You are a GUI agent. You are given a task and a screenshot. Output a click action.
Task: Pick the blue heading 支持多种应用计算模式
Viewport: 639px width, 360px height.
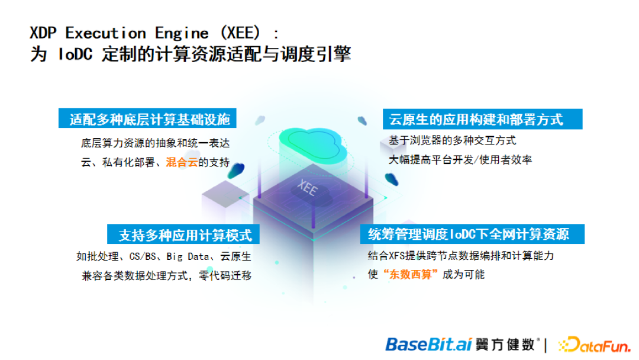click(185, 234)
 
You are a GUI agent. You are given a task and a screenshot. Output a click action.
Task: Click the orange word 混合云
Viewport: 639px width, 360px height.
click(182, 162)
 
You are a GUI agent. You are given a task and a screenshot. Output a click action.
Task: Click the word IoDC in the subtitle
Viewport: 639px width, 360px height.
click(75, 54)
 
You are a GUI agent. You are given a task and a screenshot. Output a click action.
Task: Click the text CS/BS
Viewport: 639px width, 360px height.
click(142, 256)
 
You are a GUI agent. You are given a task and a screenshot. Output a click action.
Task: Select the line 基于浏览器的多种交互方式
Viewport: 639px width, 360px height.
click(452, 140)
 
